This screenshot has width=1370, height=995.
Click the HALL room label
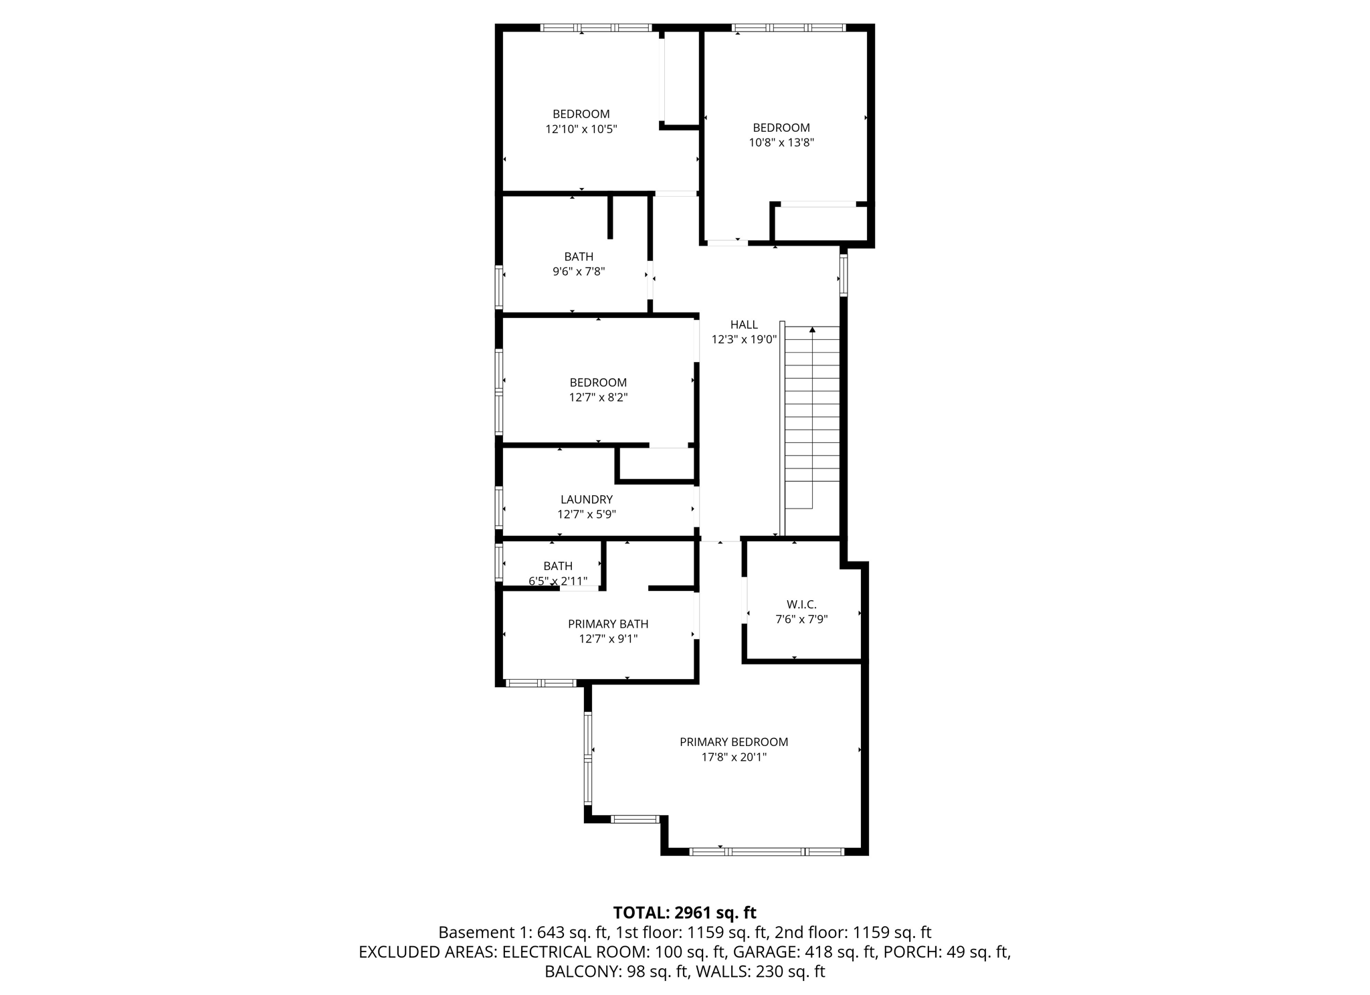click(744, 325)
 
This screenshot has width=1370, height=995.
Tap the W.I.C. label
click(801, 604)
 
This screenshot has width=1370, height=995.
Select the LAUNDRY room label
click(586, 499)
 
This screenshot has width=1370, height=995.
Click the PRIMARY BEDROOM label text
click(734, 742)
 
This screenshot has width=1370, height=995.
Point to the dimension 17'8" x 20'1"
click(734, 757)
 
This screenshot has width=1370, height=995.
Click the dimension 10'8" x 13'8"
click(781, 143)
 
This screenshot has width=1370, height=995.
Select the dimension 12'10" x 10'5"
click(581, 129)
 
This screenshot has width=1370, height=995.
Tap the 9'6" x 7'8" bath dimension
click(579, 272)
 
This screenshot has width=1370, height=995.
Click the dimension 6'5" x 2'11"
click(558, 581)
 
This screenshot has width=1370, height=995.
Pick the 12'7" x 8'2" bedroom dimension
click(598, 397)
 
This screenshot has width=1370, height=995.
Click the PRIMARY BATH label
click(608, 624)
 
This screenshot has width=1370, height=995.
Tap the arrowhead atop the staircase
click(812, 329)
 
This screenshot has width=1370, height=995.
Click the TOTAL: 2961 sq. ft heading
click(684, 913)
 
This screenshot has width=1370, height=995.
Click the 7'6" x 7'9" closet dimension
click(801, 620)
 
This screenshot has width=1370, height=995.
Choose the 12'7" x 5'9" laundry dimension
click(586, 515)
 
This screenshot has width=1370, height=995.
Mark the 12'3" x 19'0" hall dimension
click(744, 340)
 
